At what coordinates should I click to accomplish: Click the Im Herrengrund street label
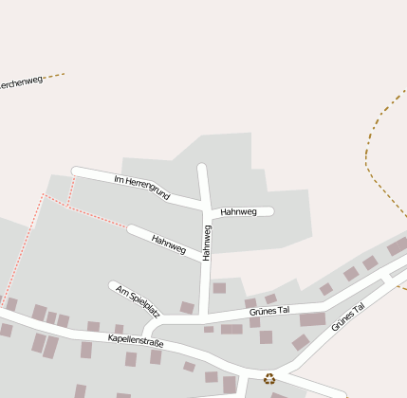point(141,187)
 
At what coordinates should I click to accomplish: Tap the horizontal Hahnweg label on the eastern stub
point(238,212)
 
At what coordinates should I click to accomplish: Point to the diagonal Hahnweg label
point(168,244)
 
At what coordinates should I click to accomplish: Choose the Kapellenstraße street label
point(136,339)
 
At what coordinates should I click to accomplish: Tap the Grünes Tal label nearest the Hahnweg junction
point(268,309)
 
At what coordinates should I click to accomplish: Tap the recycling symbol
point(269,378)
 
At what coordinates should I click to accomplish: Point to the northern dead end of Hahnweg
point(201,168)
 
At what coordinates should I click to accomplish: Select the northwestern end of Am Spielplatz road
point(113,284)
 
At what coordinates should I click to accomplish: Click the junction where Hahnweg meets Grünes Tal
point(204,317)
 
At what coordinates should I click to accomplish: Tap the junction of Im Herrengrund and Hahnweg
point(203,206)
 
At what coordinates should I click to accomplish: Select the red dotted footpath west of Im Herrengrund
point(85,210)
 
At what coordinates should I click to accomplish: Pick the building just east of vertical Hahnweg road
point(219,288)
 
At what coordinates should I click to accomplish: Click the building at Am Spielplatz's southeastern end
point(187,307)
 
